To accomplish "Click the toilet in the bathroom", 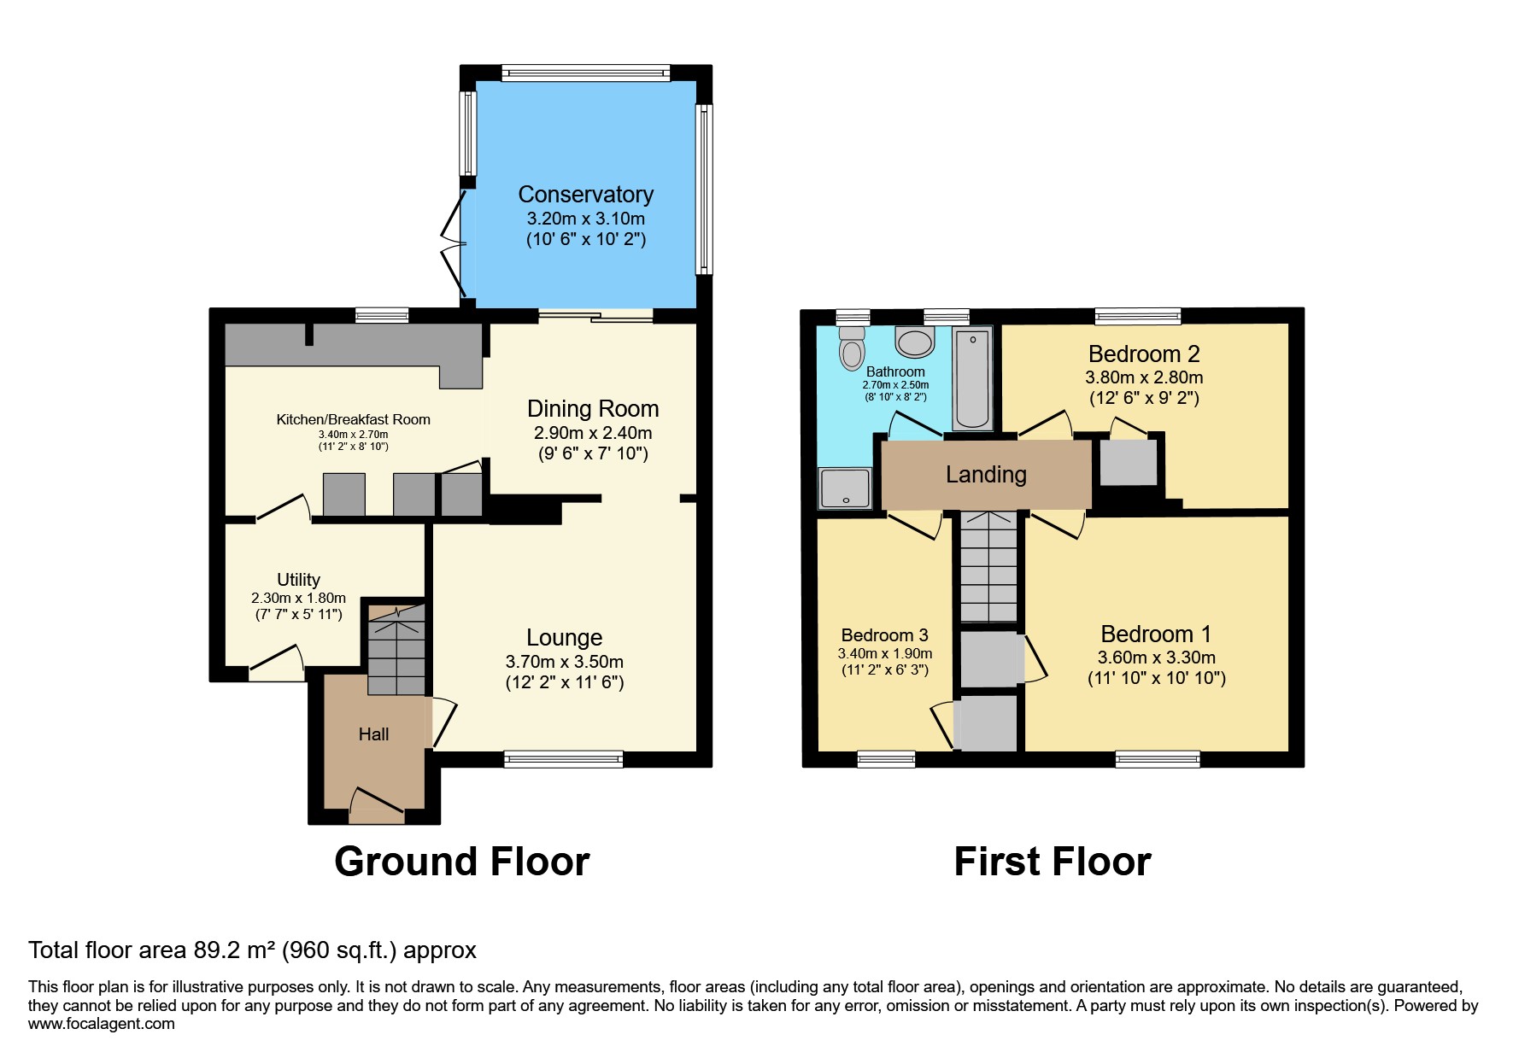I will click(852, 348).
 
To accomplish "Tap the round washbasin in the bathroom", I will click(915, 342).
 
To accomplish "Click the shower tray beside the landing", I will click(845, 488).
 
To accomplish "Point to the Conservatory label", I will click(585, 195).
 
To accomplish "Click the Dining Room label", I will click(592, 409).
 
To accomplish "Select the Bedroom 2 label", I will click(1143, 354).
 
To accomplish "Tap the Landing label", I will click(986, 475).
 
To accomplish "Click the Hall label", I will click(373, 734).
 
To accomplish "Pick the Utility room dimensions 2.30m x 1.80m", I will click(298, 598).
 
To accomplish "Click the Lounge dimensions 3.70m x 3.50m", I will click(564, 662).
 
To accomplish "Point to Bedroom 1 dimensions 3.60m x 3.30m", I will click(1156, 658).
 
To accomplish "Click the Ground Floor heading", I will click(461, 862).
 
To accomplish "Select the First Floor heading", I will click(1052, 862).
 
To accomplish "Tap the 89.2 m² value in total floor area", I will click(232, 950).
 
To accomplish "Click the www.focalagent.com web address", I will click(101, 1024).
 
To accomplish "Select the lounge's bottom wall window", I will click(563, 758).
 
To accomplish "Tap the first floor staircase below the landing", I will click(989, 567).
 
